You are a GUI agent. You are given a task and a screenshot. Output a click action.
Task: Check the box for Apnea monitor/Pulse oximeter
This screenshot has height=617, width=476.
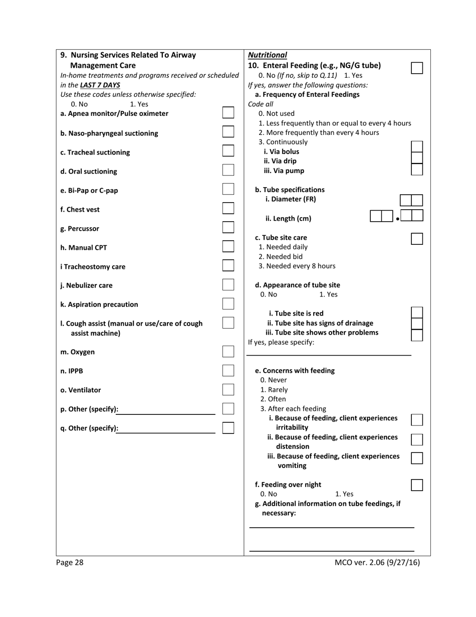tap(228, 112)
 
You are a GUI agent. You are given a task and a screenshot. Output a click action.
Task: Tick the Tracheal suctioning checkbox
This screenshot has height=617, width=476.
tap(228, 150)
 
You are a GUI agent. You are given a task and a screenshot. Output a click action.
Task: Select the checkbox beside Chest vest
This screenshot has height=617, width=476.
tap(228, 208)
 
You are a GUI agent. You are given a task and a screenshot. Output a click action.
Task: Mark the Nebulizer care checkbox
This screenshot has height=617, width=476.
tap(228, 284)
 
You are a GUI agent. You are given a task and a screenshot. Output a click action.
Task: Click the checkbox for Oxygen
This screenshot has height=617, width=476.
tap(228, 351)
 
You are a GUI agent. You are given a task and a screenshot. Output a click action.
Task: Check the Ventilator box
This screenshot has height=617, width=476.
tap(228, 389)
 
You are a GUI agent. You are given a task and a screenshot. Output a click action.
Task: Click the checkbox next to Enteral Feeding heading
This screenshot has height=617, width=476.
tap(417, 68)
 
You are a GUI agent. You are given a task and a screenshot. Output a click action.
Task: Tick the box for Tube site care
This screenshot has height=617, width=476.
tap(417, 239)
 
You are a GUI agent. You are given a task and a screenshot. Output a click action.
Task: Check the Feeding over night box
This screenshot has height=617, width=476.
tap(417, 485)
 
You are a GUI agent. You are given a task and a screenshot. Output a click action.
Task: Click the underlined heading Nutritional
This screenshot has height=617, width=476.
tap(268, 55)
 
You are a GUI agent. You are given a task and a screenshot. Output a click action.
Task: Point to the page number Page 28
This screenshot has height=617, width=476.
tap(70, 562)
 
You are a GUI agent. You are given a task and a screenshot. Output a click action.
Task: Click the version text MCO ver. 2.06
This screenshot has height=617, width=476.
tap(377, 562)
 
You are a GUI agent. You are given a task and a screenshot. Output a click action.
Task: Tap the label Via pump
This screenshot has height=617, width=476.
tap(284, 171)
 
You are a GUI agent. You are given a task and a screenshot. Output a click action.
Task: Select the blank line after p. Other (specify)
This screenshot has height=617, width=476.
tap(167, 410)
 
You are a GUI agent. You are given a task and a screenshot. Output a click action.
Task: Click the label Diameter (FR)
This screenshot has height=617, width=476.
tap(291, 199)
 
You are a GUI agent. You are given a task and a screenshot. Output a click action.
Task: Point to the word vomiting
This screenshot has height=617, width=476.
tap(292, 466)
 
